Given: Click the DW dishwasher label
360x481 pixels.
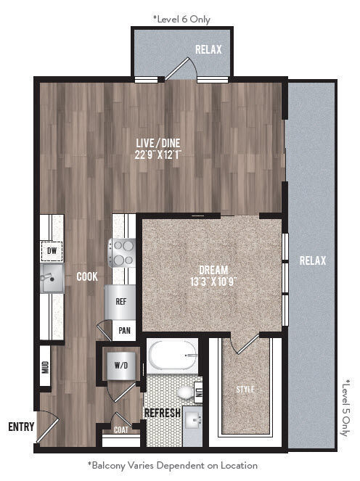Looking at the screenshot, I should coord(52,250).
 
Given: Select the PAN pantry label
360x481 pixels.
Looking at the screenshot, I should coord(125,332).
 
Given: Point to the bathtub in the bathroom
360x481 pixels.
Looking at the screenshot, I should coord(173,356).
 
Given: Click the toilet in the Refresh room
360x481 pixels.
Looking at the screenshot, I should coord(187,392).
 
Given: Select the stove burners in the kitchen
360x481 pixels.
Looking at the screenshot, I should coord(121,252).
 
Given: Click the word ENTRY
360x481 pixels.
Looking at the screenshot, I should coord(21,427).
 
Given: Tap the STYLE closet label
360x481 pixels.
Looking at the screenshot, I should coord(245,390).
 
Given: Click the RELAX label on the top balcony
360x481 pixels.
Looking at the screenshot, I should coord(208,50).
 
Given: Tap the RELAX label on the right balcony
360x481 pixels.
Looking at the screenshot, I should coord(312,261).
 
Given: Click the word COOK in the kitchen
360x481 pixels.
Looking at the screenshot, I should coord(88,276).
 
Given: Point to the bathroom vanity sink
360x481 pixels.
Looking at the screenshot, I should coord(193,420).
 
